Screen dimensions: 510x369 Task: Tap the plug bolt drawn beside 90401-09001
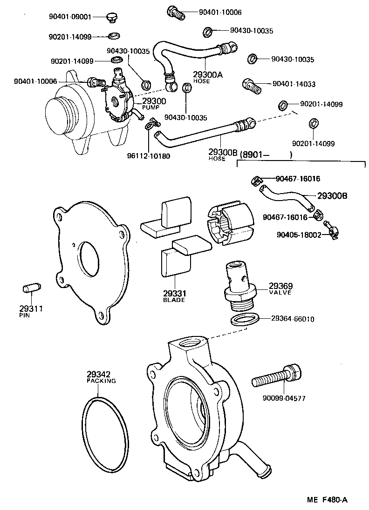click(x=111, y=17)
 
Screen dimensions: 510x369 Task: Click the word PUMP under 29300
click(x=150, y=107)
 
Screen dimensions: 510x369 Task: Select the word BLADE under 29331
click(x=174, y=300)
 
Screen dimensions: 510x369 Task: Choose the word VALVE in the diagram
click(x=280, y=293)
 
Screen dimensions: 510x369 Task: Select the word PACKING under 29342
click(x=101, y=380)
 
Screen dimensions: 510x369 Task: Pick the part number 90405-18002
click(x=298, y=235)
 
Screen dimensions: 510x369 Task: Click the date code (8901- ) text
click(x=266, y=155)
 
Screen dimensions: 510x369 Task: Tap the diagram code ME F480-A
click(x=327, y=500)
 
